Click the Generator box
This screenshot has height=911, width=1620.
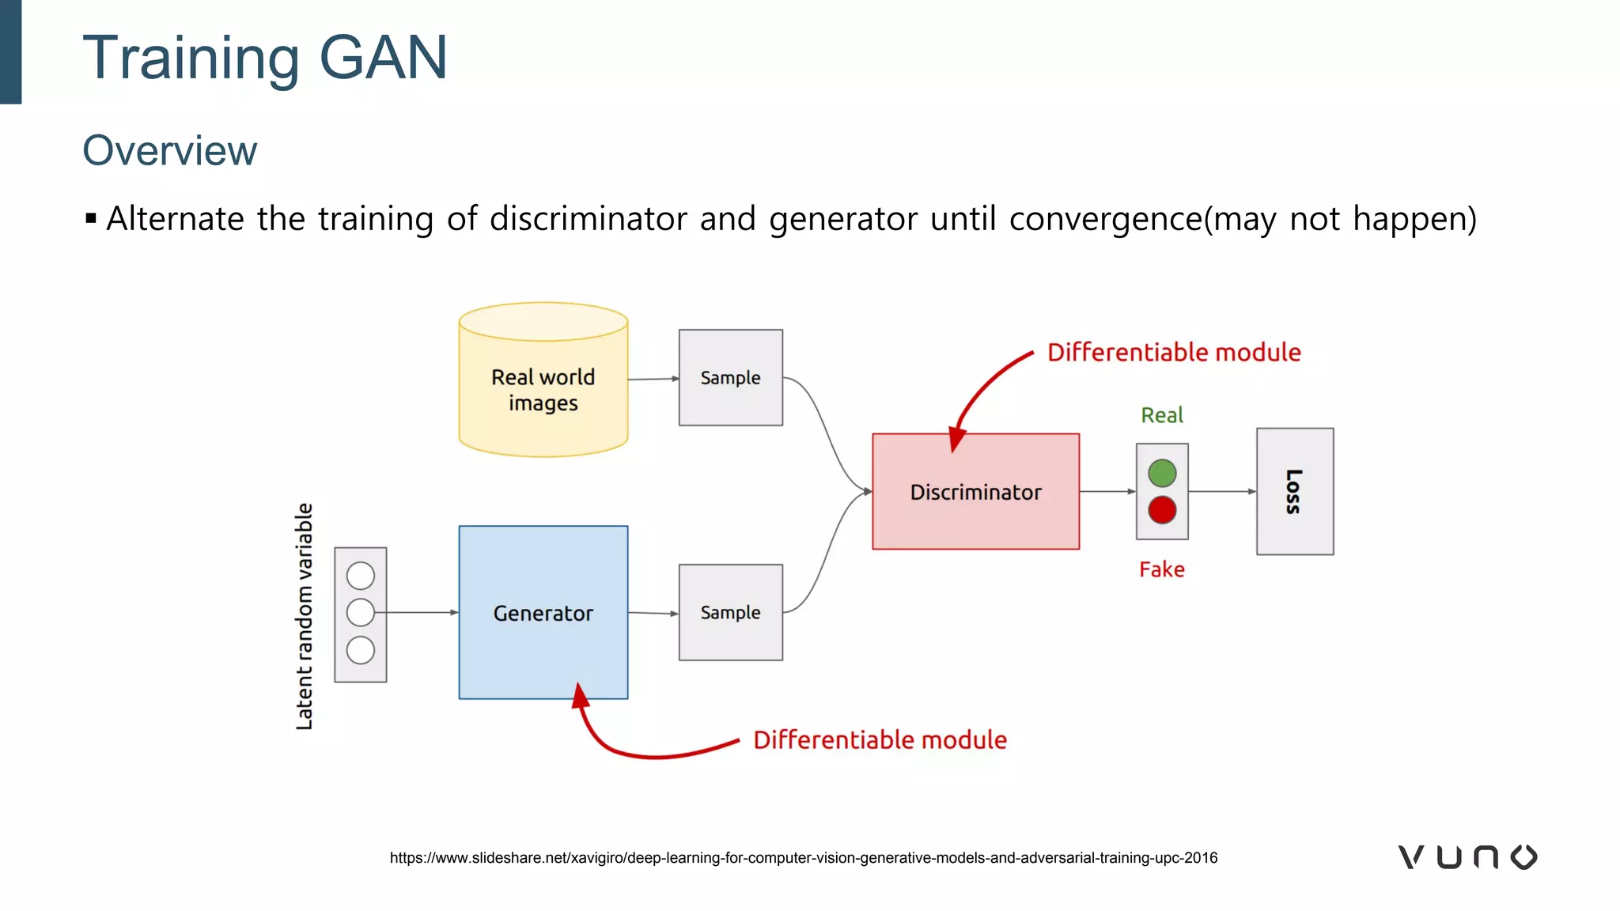[x=543, y=612]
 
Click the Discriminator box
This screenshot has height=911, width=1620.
[x=975, y=491]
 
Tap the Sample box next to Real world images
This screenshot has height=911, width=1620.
[x=730, y=378]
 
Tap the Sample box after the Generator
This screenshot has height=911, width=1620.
[x=730, y=612]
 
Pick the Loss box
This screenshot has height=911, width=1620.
[x=1294, y=491]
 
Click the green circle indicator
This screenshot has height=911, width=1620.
[x=1161, y=473]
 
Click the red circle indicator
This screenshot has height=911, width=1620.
[x=1161, y=510]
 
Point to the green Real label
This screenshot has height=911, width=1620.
[x=1161, y=415]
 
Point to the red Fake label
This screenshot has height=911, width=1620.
[x=1161, y=569]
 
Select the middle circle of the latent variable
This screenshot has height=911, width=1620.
[x=360, y=612]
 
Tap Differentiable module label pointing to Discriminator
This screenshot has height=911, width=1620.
[x=1174, y=352]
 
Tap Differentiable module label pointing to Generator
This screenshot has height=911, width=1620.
[x=880, y=739]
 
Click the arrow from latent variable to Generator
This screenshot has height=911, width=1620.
[x=419, y=612]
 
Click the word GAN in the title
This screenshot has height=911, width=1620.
[x=383, y=57]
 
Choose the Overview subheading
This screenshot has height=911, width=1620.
[x=170, y=150]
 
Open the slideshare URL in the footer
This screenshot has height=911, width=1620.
[x=803, y=858]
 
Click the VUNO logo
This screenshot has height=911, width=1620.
[x=1467, y=857]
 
